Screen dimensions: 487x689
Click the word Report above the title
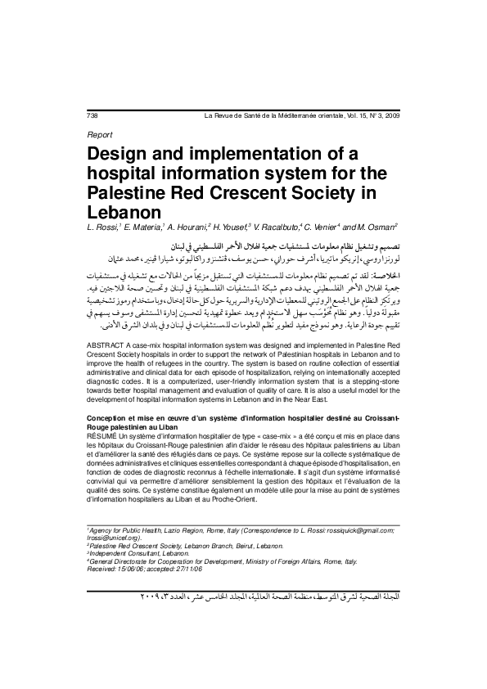pyautogui.click(x=99, y=134)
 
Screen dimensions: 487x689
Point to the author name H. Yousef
pyautogui.click(x=237, y=226)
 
